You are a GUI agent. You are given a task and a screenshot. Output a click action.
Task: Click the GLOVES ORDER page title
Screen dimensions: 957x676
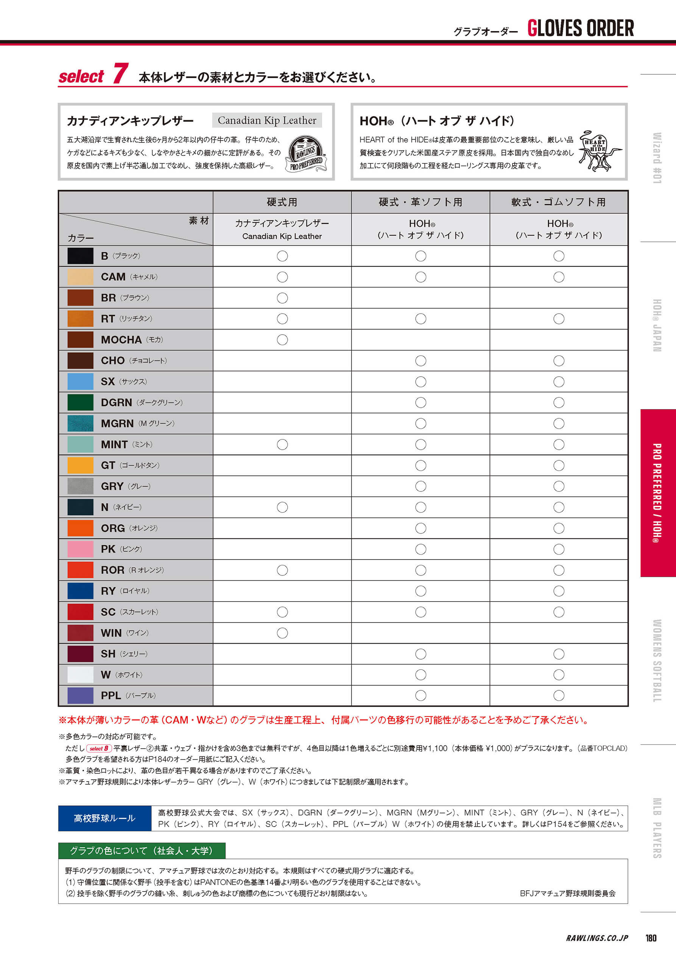point(580,28)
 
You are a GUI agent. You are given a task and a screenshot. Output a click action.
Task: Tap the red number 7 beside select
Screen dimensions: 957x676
point(120,74)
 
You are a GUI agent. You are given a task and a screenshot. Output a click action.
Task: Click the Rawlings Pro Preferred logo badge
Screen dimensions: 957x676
point(306,154)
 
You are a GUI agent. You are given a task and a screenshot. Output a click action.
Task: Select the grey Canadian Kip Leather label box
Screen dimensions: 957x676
point(266,120)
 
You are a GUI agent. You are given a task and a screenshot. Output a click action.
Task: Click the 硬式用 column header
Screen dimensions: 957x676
point(282,202)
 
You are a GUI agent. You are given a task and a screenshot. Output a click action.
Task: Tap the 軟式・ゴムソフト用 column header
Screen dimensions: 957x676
point(559,202)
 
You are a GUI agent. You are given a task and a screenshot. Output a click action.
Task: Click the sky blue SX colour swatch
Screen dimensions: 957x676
point(80,382)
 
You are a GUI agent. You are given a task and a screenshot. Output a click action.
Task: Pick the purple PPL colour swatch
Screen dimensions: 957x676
point(80,695)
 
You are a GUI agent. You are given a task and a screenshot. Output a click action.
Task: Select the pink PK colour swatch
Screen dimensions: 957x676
point(80,549)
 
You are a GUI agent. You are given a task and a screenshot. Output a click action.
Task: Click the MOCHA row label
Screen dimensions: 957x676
point(121,340)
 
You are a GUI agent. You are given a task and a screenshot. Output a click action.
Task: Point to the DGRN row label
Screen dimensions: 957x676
point(116,403)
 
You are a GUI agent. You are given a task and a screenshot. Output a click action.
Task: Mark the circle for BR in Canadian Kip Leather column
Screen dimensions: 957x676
point(282,298)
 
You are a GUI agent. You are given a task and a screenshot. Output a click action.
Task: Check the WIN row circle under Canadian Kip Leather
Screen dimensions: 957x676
point(282,633)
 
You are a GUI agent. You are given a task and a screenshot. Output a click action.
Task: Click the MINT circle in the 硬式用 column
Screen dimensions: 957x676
point(282,444)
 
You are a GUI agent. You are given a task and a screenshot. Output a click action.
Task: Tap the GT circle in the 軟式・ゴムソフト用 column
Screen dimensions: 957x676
point(559,465)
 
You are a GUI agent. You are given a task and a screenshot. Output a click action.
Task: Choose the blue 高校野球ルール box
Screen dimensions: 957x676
point(104,818)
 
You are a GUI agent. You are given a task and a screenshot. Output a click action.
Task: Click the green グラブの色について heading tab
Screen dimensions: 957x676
point(142,850)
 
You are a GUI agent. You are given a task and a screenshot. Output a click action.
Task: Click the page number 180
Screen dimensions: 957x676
point(651,938)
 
